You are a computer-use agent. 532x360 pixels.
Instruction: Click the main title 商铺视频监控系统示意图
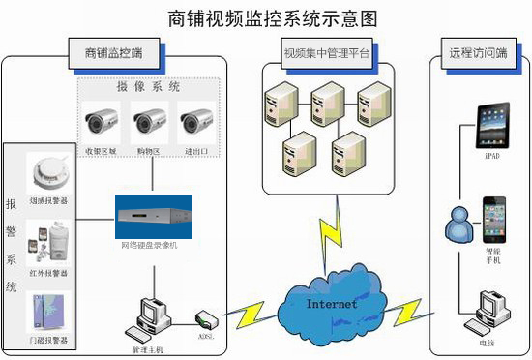pyautogui.click(x=266, y=17)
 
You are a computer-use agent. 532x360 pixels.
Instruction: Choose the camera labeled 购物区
pyautogui.click(x=151, y=123)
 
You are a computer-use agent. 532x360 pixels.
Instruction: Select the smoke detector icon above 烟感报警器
pyautogui.click(x=48, y=174)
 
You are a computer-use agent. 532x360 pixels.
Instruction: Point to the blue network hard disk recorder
pyautogui.click(x=154, y=217)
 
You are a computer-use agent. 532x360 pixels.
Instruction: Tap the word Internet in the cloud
pyautogui.click(x=332, y=304)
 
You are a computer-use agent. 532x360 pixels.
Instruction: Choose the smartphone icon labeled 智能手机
pyautogui.click(x=494, y=218)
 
